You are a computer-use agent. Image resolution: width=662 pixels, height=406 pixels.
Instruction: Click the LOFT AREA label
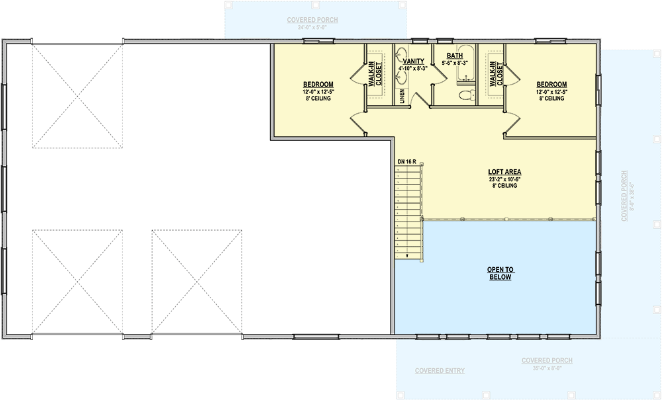point(504,172)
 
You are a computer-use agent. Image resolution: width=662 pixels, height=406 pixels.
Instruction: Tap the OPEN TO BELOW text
point(500,273)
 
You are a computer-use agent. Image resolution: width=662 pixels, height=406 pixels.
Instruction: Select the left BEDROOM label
point(317,85)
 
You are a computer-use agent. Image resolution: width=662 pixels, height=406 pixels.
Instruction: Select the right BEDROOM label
point(551,85)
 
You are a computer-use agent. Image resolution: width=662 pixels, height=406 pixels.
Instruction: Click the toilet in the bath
point(467,95)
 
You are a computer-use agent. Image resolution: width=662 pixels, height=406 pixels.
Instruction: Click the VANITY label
point(413,61)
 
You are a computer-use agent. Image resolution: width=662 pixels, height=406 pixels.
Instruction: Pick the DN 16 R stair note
point(406,161)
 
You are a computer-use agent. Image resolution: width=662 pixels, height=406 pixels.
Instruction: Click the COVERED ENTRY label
point(440,371)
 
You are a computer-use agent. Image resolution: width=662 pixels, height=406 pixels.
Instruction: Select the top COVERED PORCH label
point(312,20)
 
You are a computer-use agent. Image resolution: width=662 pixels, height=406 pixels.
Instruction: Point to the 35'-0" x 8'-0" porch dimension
point(547,368)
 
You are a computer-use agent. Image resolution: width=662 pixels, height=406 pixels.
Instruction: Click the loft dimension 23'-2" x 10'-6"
point(504,179)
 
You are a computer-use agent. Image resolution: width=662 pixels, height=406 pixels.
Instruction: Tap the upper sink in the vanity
point(401,56)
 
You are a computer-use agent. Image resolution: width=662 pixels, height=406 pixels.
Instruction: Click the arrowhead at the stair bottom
point(408,255)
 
